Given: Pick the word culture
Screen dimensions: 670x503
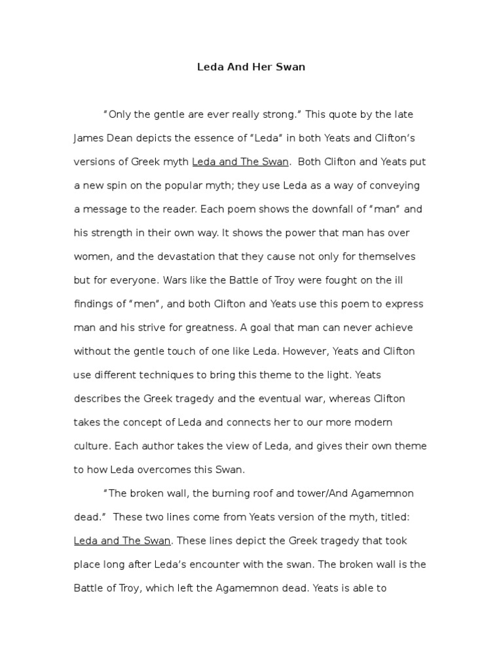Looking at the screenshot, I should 92,446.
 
